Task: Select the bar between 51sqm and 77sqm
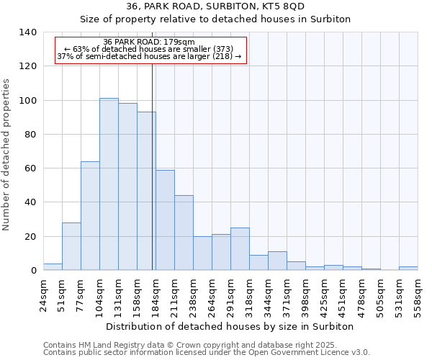coord(71,246)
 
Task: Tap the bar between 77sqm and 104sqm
coord(90,216)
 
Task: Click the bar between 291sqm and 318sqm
coord(240,249)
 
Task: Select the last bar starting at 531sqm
coord(408,269)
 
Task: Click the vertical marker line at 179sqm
coord(153,166)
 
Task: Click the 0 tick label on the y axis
coord(33,271)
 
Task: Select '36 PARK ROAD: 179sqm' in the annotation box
coord(149,42)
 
